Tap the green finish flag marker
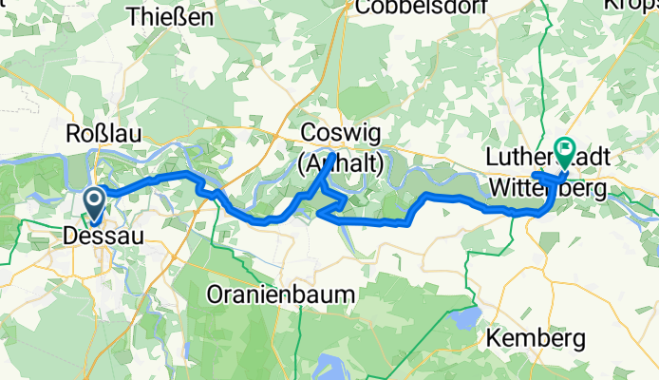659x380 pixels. [x=566, y=149]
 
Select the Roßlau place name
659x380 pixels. [x=104, y=133]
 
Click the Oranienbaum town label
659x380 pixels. [x=282, y=294]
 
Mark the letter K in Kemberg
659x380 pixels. [x=494, y=337]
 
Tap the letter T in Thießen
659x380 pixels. [x=132, y=15]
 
